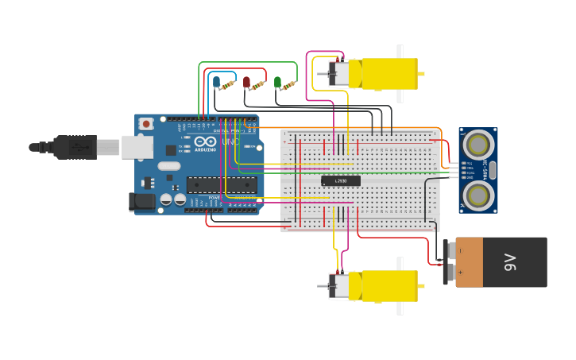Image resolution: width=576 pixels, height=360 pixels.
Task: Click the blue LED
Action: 215,81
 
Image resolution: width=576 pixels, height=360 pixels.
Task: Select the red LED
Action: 246,81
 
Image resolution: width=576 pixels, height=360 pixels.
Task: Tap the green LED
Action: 277,81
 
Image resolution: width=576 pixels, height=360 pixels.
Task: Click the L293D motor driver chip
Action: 341,181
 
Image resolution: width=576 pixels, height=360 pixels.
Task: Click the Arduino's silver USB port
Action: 137,147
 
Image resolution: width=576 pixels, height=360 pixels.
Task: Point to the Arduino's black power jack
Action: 142,202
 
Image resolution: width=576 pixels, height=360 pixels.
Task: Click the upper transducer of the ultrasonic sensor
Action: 477,145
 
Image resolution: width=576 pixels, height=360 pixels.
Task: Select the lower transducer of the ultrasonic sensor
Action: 477,195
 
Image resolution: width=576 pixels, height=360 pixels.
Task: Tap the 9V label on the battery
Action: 509,262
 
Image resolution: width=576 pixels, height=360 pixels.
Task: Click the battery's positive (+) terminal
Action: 459,273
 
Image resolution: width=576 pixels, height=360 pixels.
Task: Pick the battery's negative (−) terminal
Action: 459,250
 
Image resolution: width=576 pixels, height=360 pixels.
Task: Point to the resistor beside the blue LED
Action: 229,84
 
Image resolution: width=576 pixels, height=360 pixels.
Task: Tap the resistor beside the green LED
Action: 288,85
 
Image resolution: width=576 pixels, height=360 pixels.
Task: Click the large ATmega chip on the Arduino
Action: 222,185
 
